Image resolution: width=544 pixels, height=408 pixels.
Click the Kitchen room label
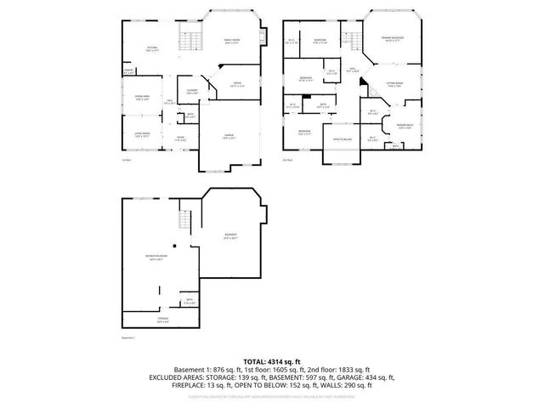[x=152, y=48]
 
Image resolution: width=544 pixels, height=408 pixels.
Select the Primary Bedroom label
[x=391, y=39]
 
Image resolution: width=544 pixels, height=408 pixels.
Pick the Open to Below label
[x=343, y=139]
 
